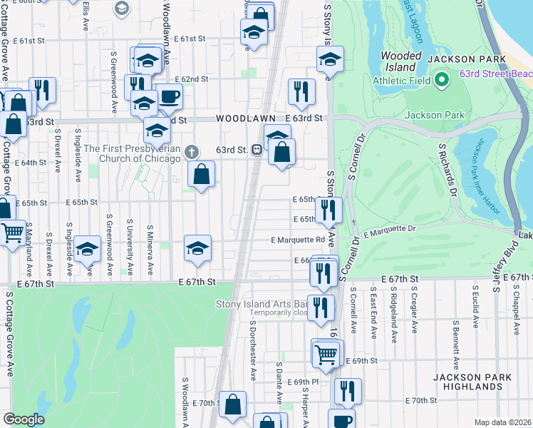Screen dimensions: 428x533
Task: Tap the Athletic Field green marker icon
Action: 441,79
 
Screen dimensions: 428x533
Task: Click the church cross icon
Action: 190,151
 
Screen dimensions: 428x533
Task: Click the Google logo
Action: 24,419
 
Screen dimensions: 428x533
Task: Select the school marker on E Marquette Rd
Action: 197,248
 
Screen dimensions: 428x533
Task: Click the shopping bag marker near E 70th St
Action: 232,404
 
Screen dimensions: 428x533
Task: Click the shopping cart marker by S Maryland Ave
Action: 12,233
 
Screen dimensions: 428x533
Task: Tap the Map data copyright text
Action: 502,422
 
